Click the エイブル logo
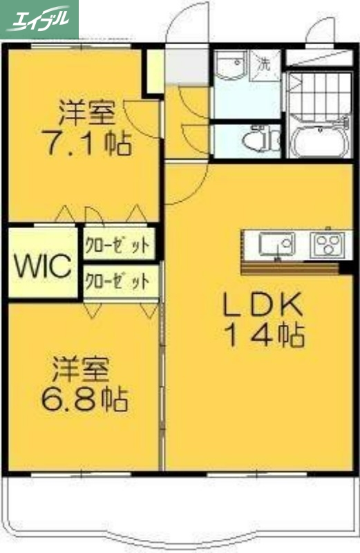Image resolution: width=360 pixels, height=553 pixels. pos(39,18)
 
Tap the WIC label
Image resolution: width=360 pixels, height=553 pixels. pos(42,265)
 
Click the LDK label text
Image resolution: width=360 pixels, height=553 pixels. pos(262,305)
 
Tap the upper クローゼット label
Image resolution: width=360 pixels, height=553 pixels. pos(117,245)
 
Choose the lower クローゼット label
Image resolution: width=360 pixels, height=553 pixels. pos(117,282)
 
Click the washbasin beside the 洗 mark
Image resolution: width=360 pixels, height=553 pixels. pos(230,67)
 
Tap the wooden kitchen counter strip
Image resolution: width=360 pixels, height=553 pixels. pos(290,265)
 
